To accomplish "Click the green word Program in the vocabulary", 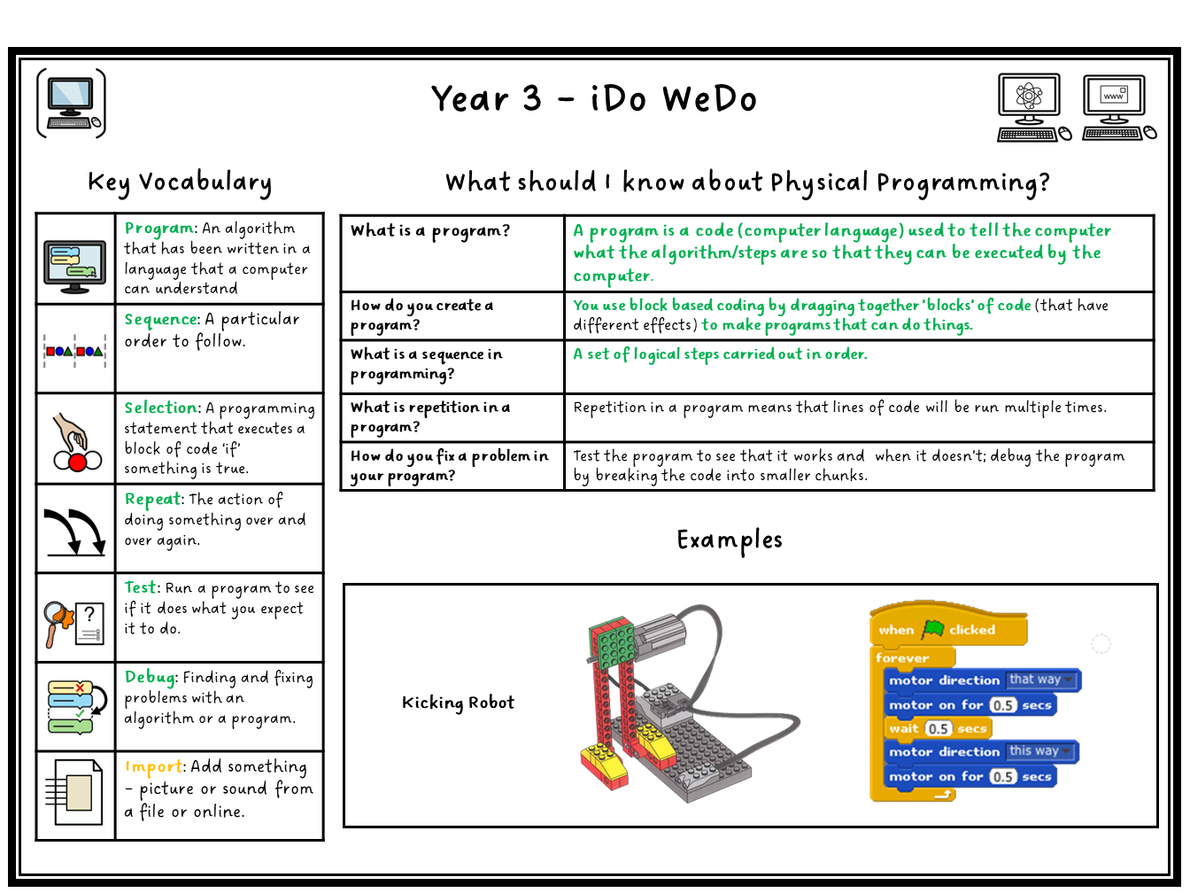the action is click(x=158, y=229).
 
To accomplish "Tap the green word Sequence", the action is click(x=162, y=319).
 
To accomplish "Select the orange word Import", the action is click(x=154, y=766).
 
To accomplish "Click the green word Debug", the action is click(x=151, y=677).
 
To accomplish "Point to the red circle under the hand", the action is click(x=78, y=462).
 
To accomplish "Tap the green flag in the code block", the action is click(x=933, y=629).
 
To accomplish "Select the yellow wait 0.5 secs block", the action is click(x=938, y=728).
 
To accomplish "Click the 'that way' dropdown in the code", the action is click(x=1040, y=679).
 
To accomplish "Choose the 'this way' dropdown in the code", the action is click(x=1039, y=751).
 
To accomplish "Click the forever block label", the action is click(x=902, y=657).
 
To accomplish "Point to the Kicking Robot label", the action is click(x=458, y=703).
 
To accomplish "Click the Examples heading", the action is click(x=730, y=540).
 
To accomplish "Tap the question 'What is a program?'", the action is click(x=430, y=231).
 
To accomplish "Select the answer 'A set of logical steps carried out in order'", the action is click(x=721, y=354).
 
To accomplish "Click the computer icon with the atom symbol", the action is click(x=1033, y=108).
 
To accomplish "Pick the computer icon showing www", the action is click(x=1119, y=108).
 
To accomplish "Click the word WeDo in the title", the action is click(x=710, y=99).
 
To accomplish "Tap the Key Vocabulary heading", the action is click(x=180, y=182).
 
